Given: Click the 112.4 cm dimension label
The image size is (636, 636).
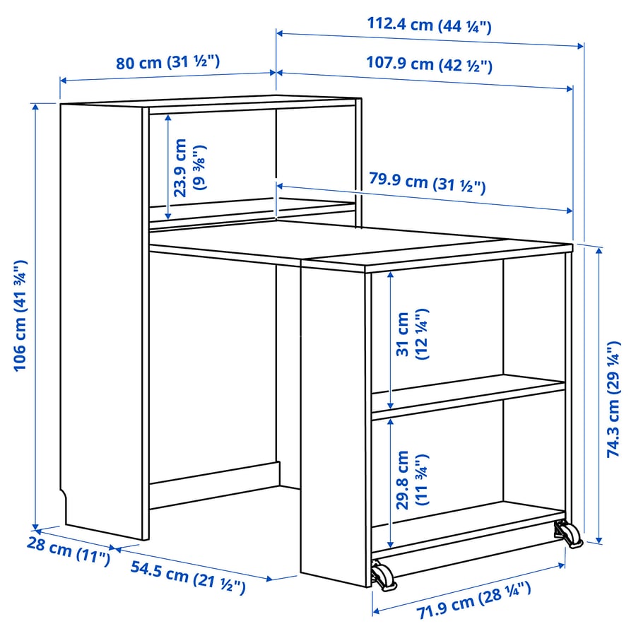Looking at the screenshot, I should pyautogui.click(x=429, y=25).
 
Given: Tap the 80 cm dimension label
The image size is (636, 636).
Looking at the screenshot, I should pyautogui.click(x=168, y=62).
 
